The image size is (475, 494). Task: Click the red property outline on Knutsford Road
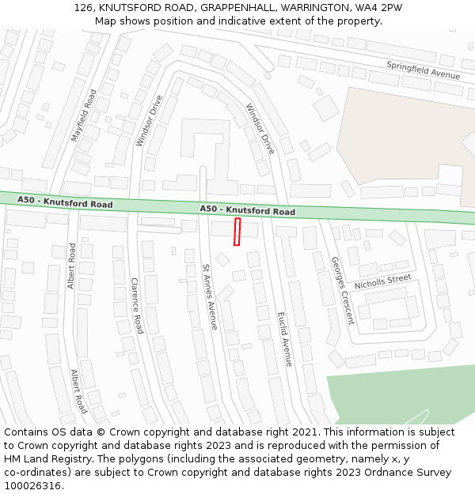[237, 232]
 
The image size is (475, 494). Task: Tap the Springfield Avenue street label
[423, 70]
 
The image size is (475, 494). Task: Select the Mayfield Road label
[83, 115]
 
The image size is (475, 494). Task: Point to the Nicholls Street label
[383, 281]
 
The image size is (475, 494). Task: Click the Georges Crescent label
[342, 291]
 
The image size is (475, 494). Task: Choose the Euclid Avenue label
[284, 338]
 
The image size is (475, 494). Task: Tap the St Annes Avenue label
[209, 296]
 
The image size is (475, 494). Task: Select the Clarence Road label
[136, 305]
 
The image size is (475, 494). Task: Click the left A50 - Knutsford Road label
[65, 203]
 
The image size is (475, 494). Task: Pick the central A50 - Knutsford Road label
[247, 210]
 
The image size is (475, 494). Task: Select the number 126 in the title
[84, 7]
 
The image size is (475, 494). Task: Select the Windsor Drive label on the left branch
[149, 121]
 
